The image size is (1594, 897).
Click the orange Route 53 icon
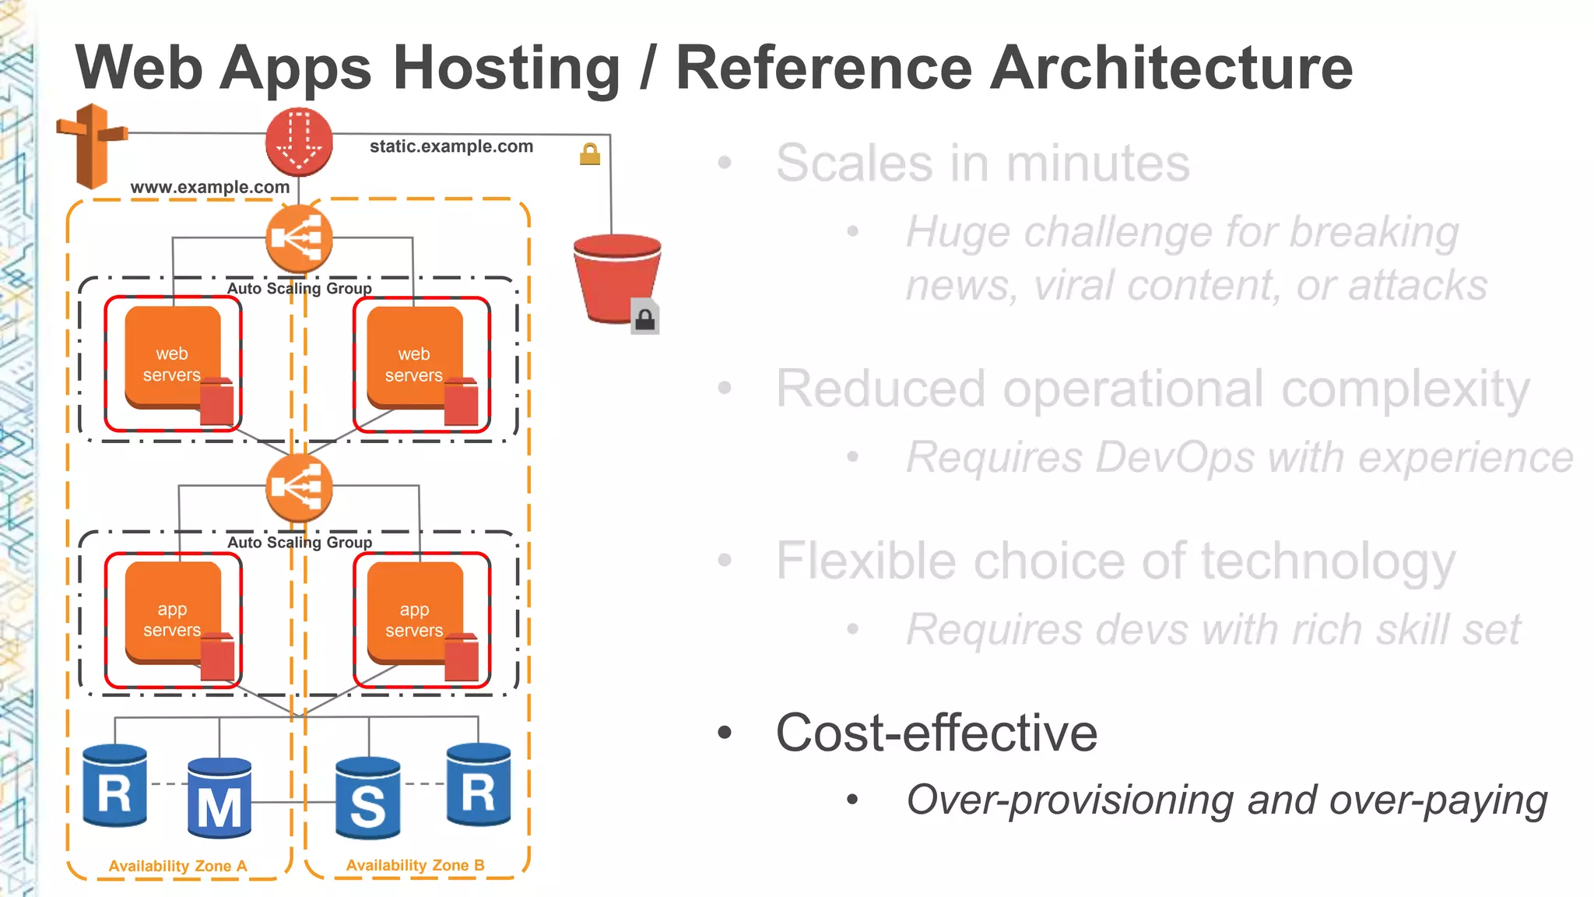click(x=92, y=146)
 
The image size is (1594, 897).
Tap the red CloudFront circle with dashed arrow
click(x=299, y=142)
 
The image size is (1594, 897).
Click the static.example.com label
click(x=451, y=146)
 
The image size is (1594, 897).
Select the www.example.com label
click(x=209, y=187)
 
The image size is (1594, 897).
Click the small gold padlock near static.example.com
click(x=590, y=154)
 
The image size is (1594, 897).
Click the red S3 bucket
click(x=616, y=276)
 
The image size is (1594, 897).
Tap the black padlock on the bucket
click(x=644, y=318)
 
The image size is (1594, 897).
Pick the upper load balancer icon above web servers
click(x=299, y=238)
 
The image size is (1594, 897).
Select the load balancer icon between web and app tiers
click(x=299, y=488)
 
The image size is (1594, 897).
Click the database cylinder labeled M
click(x=219, y=798)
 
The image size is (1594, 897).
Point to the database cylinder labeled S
click(x=368, y=798)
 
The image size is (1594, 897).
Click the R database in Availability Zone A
click(x=114, y=786)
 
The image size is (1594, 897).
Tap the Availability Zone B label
click(x=415, y=865)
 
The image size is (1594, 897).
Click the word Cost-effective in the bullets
click(x=936, y=733)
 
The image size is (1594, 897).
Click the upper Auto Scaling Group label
click(x=300, y=288)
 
